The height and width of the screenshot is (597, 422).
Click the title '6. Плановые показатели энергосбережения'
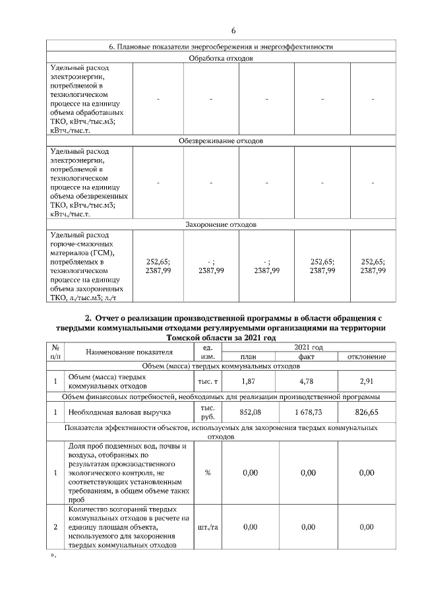(221, 47)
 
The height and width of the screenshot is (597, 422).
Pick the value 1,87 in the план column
(249, 381)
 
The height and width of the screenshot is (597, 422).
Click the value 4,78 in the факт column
(307, 381)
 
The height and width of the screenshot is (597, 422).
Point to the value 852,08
(249, 412)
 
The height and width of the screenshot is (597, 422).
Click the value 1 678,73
(307, 412)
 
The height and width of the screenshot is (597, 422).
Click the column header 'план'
(249, 357)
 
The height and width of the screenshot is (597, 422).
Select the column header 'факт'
(307, 357)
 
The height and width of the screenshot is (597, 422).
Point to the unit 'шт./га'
(208, 527)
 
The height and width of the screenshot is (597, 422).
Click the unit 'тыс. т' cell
(208, 382)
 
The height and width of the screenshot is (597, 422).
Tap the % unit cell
(208, 472)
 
